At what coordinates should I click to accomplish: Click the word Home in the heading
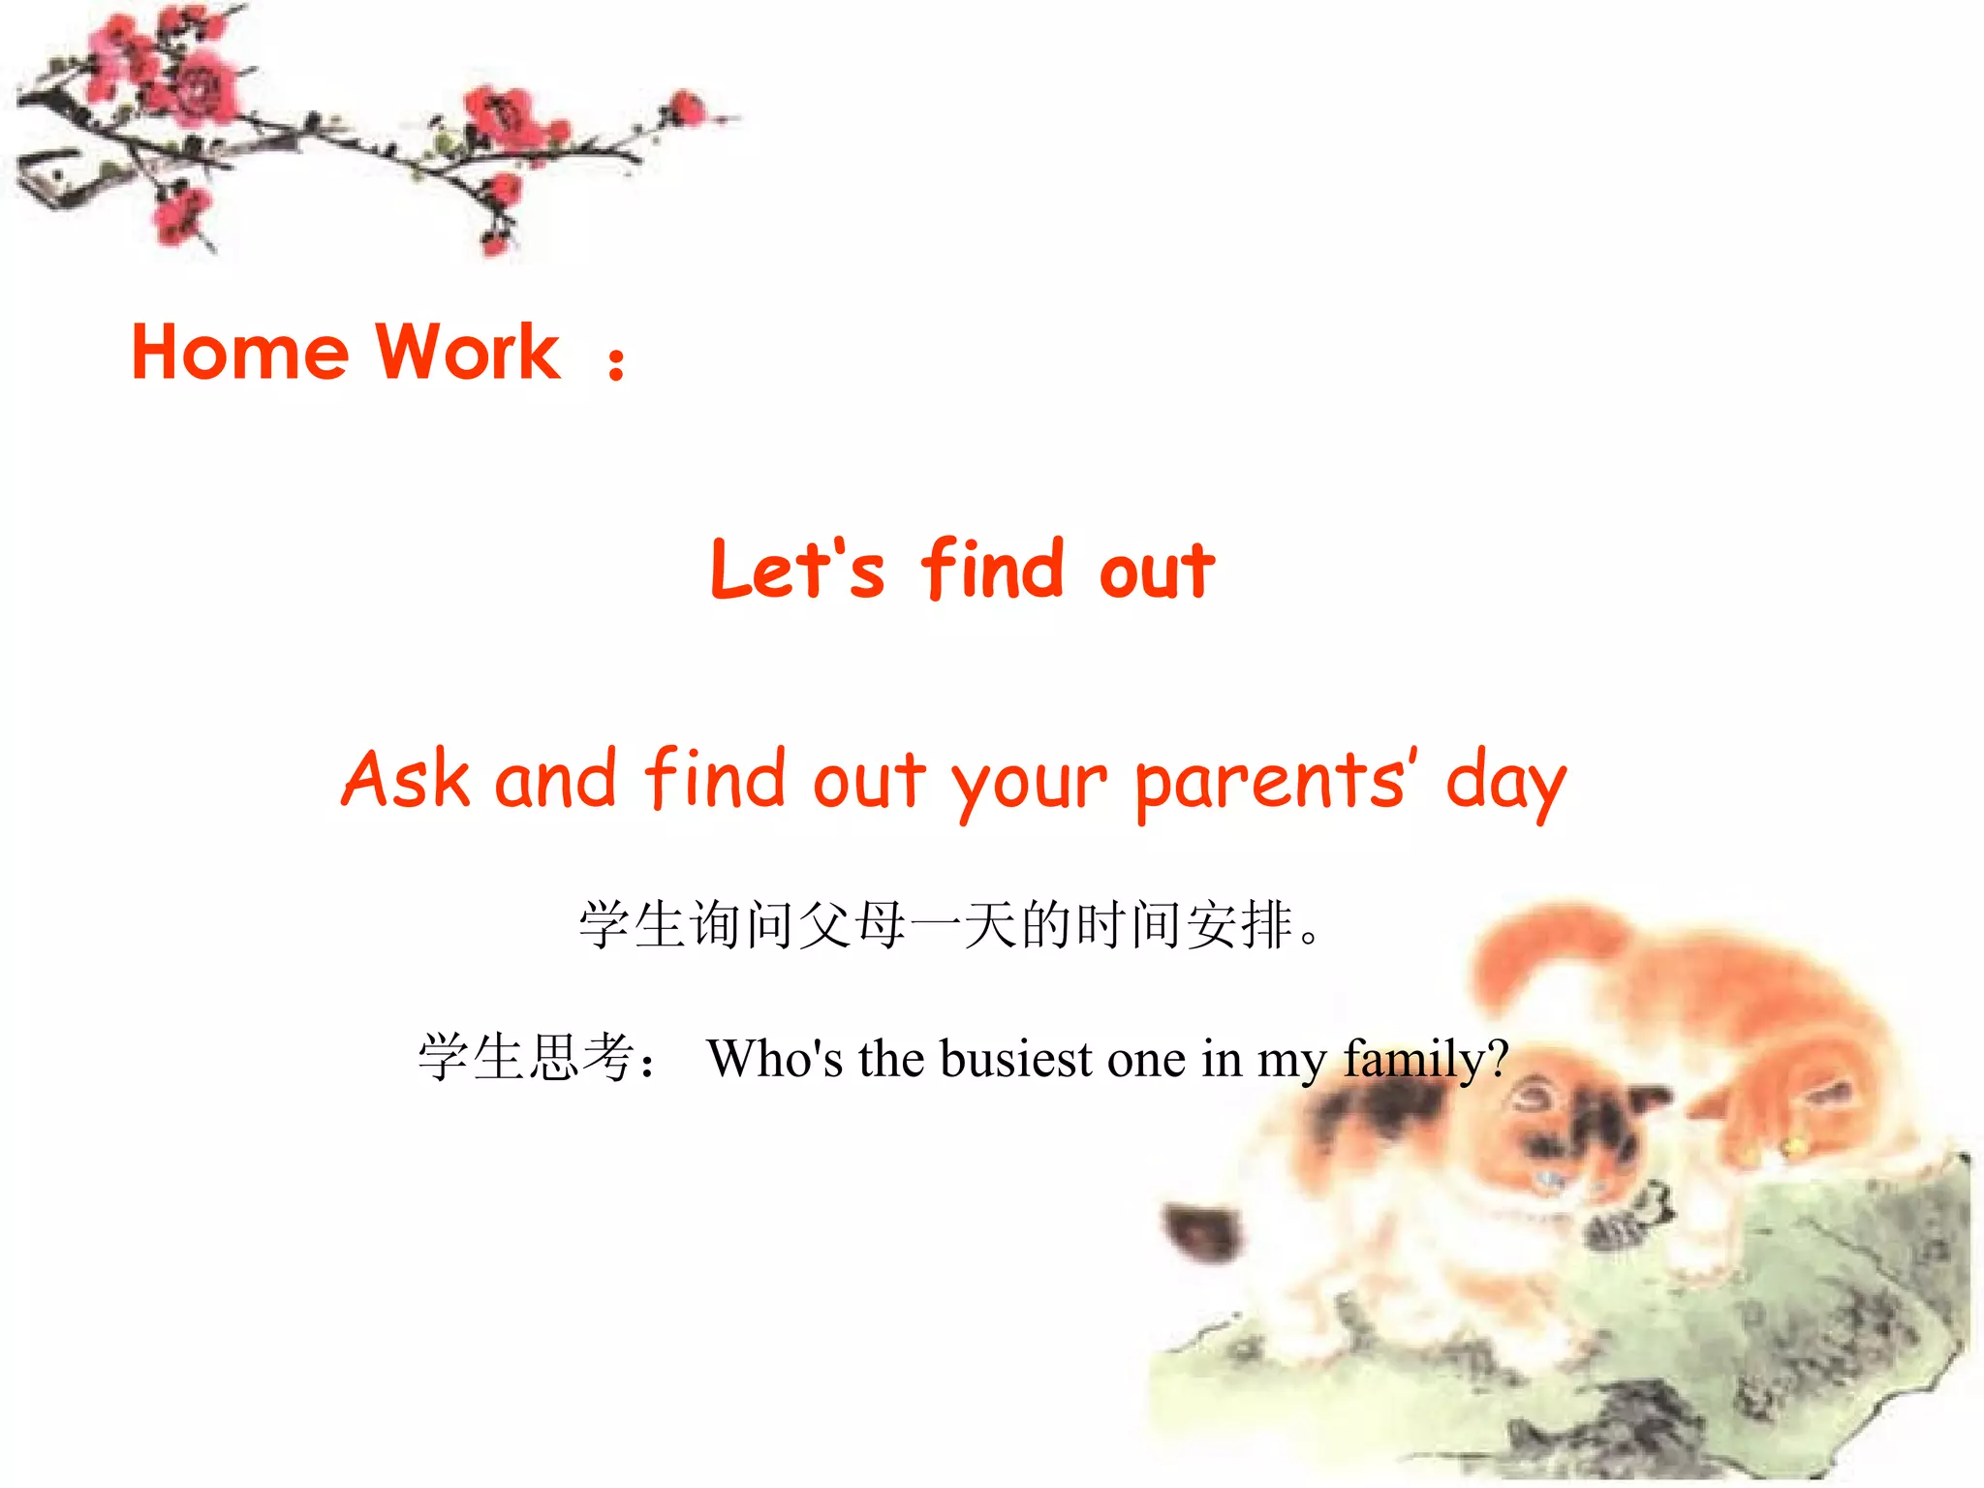pyautogui.click(x=239, y=352)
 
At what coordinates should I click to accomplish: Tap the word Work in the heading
pyautogui.click(x=467, y=352)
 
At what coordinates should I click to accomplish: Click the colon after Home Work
pyautogui.click(x=616, y=364)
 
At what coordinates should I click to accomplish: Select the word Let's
pyautogui.click(x=796, y=570)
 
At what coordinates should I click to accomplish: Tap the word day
pyautogui.click(x=1505, y=783)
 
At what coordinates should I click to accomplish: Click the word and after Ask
pyautogui.click(x=555, y=779)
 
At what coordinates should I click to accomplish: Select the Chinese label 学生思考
pyautogui.click(x=527, y=1057)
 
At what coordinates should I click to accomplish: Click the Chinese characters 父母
pyautogui.click(x=853, y=925)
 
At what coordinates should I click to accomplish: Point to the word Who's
pyautogui.click(x=775, y=1058)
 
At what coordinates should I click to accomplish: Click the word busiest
pyautogui.click(x=1016, y=1058)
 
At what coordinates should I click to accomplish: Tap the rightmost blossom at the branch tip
pyautogui.click(x=688, y=108)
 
